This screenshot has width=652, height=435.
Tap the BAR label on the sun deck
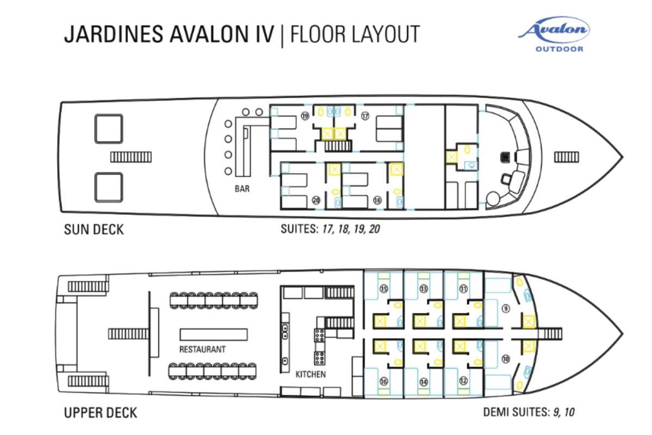[x=242, y=189]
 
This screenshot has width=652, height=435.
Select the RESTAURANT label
[x=203, y=349]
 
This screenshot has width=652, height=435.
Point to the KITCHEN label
[x=311, y=374]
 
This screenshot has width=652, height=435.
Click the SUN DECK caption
[x=93, y=230]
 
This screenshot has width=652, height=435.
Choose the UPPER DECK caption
[x=101, y=413]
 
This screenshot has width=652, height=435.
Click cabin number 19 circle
[x=305, y=116]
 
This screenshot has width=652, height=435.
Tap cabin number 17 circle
[x=365, y=116]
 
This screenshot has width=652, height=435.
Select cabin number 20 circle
[x=316, y=200]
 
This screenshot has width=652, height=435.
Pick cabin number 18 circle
[x=377, y=200]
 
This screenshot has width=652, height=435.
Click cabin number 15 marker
[x=384, y=289]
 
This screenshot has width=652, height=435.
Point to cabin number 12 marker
[x=463, y=381]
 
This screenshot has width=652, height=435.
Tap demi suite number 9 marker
[x=506, y=308]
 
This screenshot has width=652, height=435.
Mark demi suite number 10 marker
[x=506, y=359]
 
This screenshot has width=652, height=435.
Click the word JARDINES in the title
[x=114, y=34]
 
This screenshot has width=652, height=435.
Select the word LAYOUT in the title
[x=386, y=34]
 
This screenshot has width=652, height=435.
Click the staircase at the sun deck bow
[x=566, y=157]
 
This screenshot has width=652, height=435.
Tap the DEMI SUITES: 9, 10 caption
[x=529, y=412]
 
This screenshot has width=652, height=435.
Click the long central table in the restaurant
[x=214, y=335]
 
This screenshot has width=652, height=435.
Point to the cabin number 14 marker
[x=424, y=382]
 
